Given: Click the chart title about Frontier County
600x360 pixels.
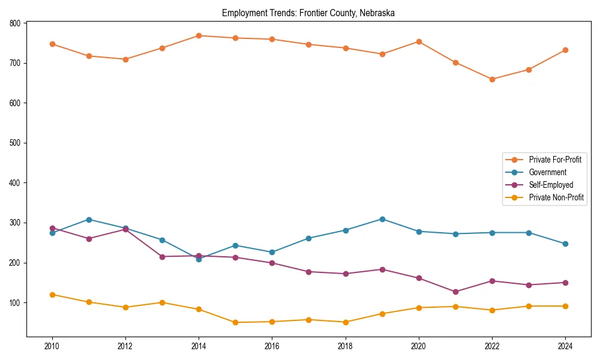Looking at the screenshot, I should coord(308,13).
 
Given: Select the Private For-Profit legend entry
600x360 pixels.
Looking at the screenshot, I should coord(555,160).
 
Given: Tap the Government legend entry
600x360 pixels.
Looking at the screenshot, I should coord(547,172).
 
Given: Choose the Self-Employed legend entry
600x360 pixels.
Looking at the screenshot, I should coord(551,185).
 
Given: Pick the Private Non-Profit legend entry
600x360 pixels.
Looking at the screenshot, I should coord(556,197).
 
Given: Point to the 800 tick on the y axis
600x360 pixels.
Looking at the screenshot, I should coord(14,23).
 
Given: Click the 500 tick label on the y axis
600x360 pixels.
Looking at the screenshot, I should coord(14,143).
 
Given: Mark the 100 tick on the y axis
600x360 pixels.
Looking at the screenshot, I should coord(14,302).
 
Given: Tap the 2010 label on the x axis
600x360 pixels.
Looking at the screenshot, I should coord(52,346).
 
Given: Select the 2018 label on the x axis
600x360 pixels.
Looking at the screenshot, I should coord(346,346).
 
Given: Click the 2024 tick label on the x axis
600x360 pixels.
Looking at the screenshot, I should coord(565,346).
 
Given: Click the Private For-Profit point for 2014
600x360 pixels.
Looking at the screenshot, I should coord(199,35).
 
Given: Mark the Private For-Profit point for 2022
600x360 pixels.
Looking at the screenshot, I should coord(492,79).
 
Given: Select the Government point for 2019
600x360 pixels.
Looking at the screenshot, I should coord(382,219).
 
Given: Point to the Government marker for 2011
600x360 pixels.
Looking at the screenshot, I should coord(89,220).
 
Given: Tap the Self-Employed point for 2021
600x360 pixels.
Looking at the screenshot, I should coord(455,292).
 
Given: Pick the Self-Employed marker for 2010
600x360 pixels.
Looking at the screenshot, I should coord(52,228).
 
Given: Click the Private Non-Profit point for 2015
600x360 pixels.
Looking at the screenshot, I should coord(235,322).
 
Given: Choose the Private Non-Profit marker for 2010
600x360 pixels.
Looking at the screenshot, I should coord(52,295).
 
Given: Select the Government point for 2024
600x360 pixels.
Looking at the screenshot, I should coord(565,244).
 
